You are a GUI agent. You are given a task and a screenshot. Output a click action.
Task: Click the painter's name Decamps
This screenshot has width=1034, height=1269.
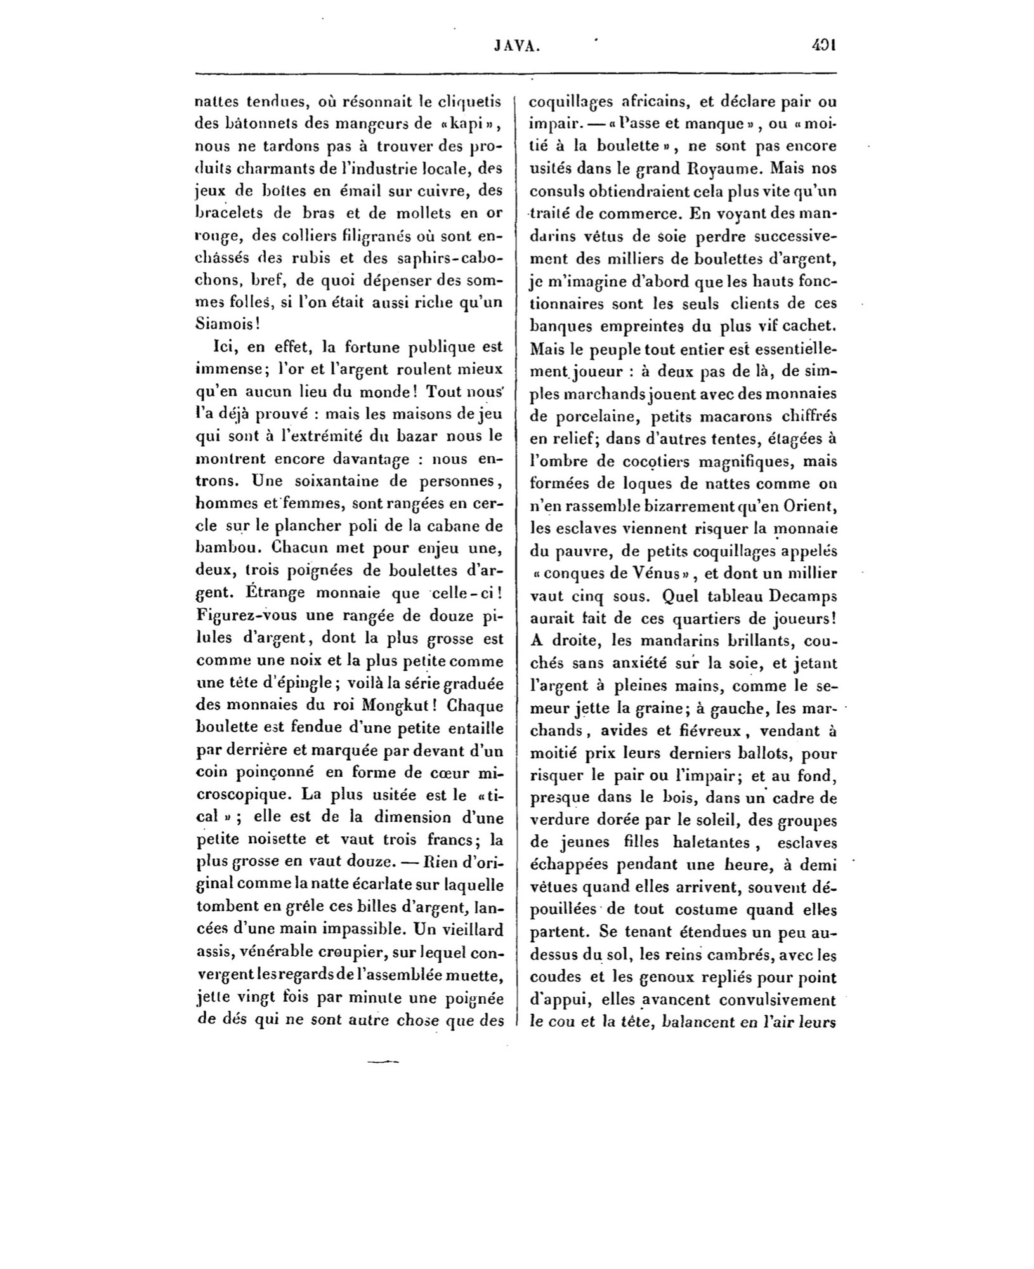click(803, 596)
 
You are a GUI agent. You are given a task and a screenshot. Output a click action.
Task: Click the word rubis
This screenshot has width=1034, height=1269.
click(313, 259)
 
